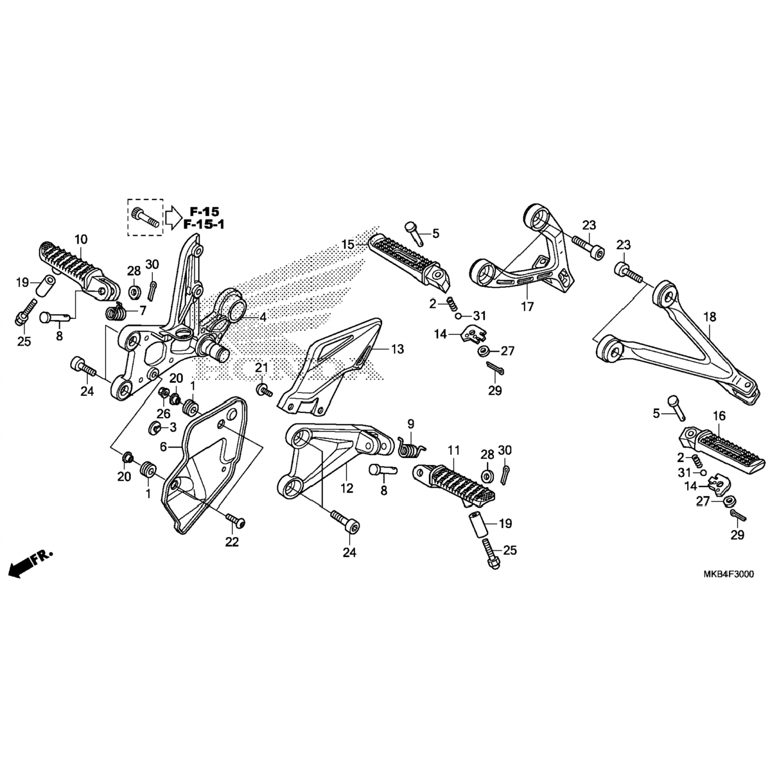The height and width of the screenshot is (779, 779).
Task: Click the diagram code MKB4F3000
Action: coord(729,574)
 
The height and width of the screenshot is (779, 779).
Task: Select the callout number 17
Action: coord(528,307)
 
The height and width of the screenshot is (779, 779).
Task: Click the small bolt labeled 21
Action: coord(265,391)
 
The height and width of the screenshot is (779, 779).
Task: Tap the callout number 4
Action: coord(263,317)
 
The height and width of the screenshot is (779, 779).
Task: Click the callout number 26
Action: coord(164,414)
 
